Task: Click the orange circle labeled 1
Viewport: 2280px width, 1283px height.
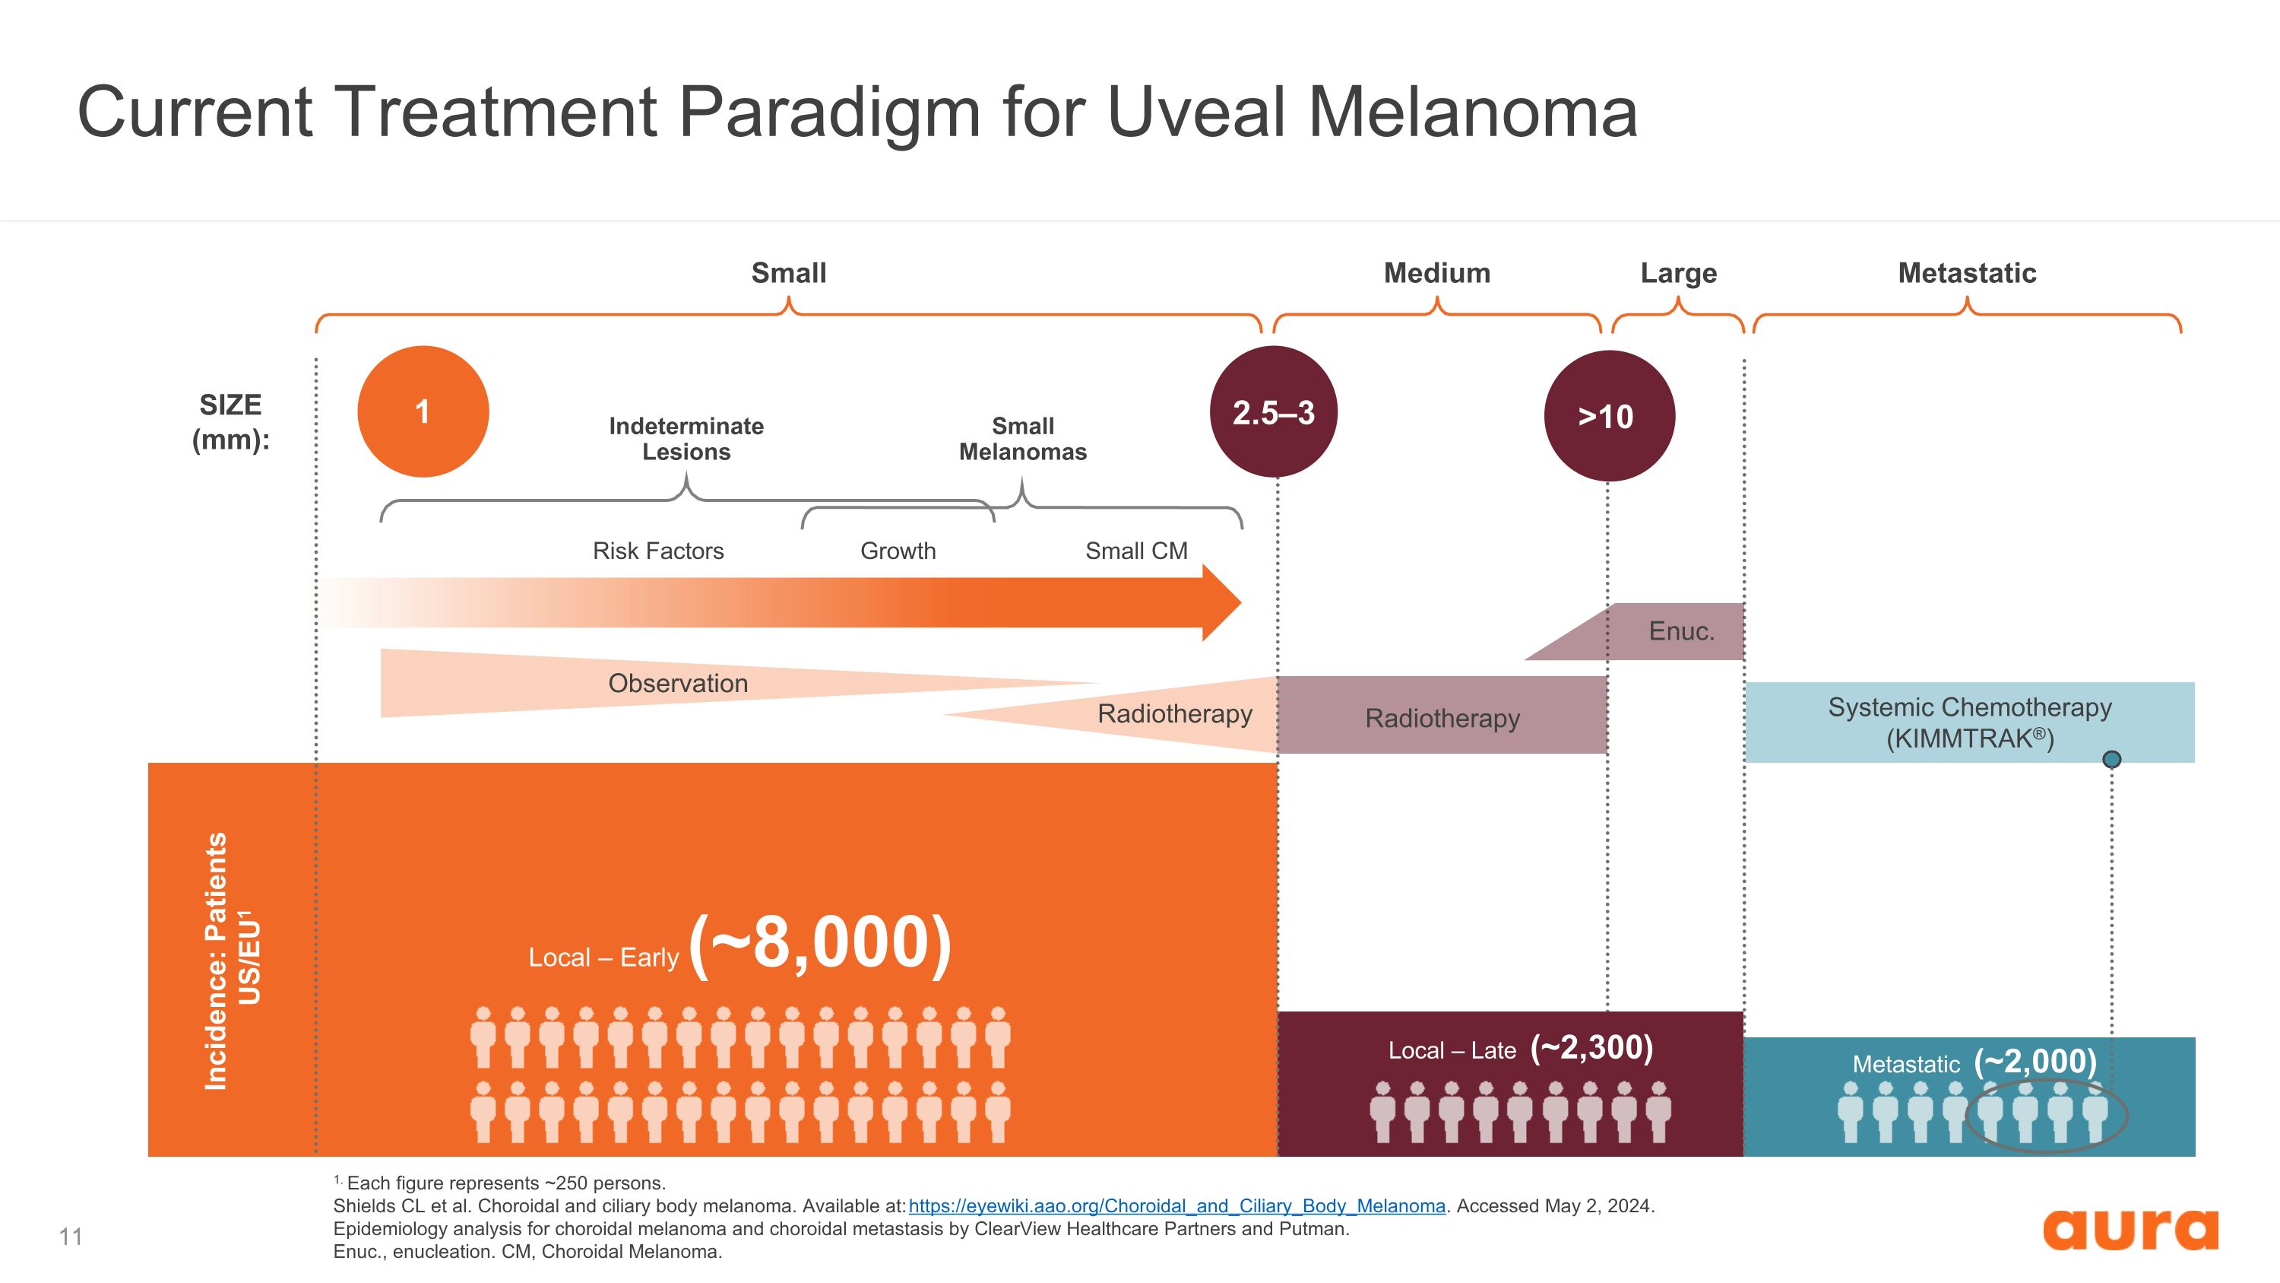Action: (x=423, y=411)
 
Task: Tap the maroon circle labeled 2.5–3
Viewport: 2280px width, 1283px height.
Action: (x=1274, y=411)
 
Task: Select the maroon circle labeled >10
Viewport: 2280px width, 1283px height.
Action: (x=1609, y=416)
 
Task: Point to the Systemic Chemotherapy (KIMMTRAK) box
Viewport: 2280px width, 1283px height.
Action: (x=1969, y=722)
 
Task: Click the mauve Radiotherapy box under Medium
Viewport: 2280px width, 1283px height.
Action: (x=1442, y=716)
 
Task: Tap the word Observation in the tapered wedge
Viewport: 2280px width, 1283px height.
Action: (x=678, y=684)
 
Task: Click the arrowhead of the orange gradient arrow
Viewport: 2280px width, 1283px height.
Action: (x=1222, y=603)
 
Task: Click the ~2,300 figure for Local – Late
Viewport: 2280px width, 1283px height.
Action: (x=1591, y=1047)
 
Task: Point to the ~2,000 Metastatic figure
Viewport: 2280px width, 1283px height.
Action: (x=2036, y=1061)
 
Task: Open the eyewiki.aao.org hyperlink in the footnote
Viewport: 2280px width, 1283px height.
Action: (x=1177, y=1206)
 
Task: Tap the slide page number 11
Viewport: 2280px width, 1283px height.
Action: (x=71, y=1236)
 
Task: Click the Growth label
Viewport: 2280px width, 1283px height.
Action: (x=898, y=551)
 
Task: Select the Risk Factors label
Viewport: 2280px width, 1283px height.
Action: (x=658, y=551)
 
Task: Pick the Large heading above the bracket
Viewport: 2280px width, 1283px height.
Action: (x=1678, y=274)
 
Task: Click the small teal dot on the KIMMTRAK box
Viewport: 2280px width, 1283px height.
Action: (x=2112, y=759)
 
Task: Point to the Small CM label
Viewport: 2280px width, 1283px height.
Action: (x=1136, y=551)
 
